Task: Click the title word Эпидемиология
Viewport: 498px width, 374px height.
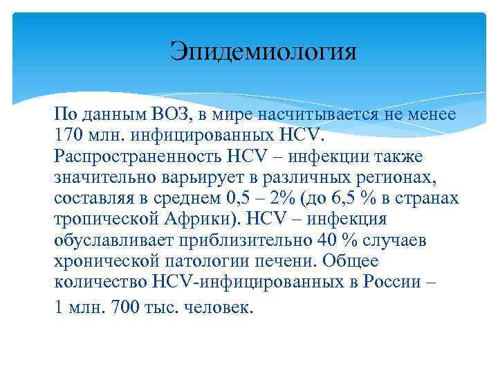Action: click(264, 51)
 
